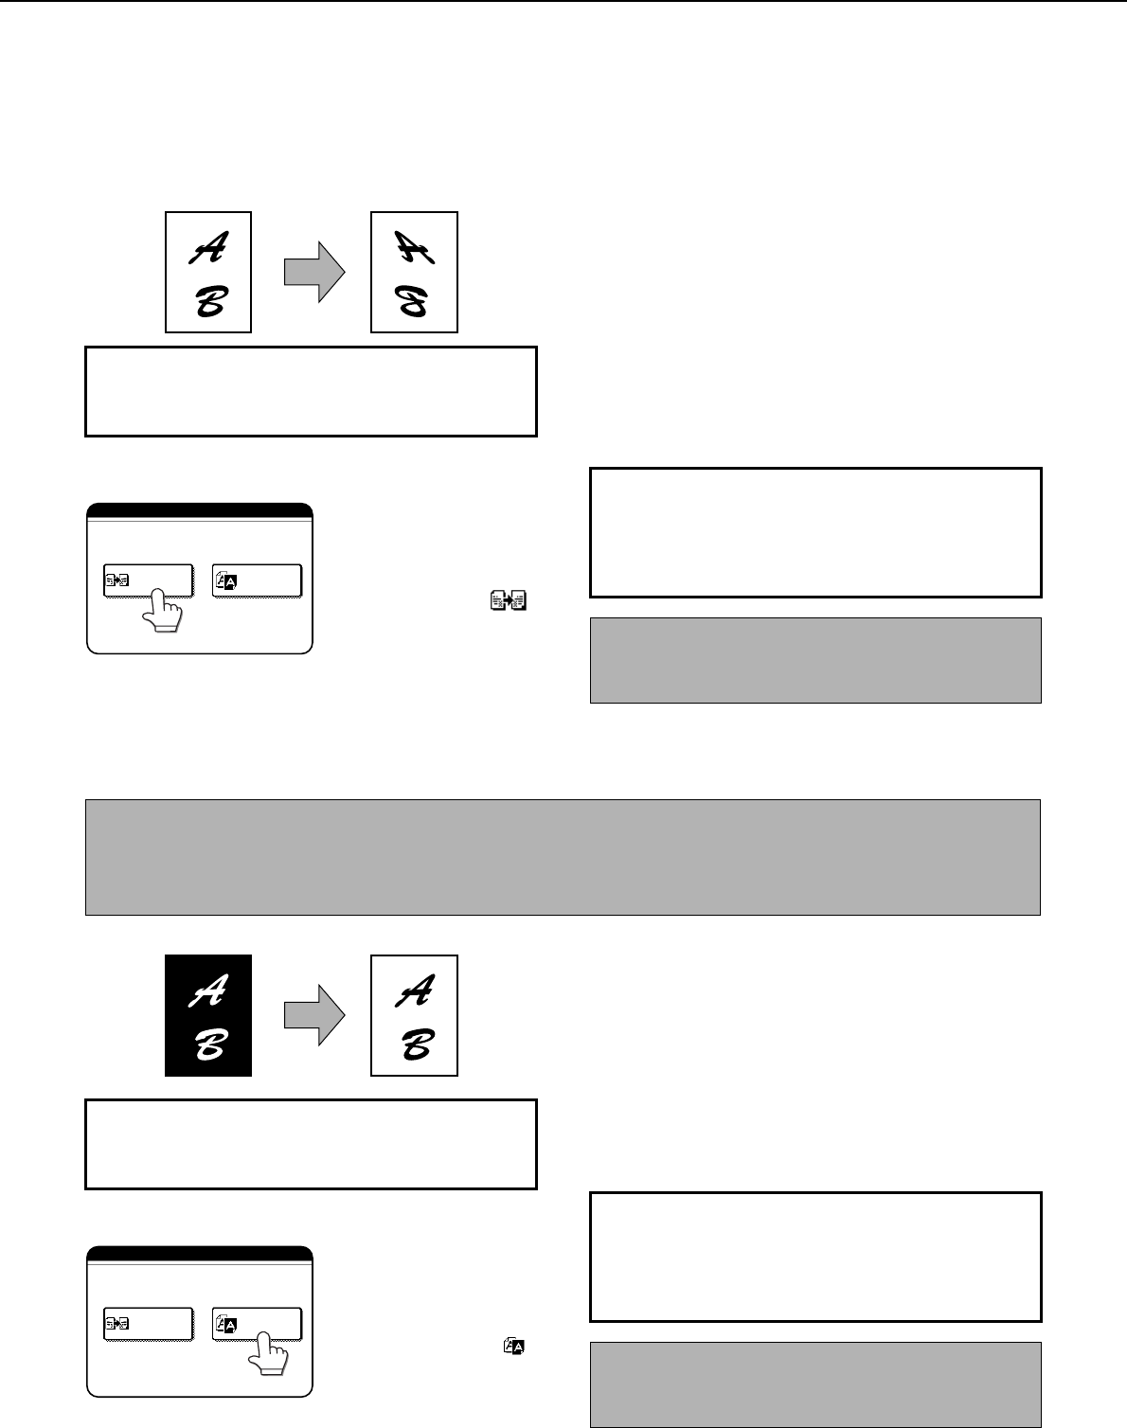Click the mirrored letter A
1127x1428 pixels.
(x=414, y=247)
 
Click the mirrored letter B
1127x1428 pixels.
(x=413, y=301)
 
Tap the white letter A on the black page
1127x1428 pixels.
(x=208, y=991)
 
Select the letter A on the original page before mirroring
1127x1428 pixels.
(x=208, y=248)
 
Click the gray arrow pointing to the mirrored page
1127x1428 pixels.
(x=314, y=272)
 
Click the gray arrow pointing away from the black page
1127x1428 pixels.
(x=314, y=1015)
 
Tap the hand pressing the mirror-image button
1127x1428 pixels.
(x=162, y=610)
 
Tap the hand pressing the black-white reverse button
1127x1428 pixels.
(x=268, y=1354)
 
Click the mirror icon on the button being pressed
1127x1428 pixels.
(x=116, y=580)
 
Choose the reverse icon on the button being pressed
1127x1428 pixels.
(x=226, y=1325)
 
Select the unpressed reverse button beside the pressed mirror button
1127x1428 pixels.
(x=258, y=581)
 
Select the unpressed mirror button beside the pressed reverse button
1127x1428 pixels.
(x=149, y=1325)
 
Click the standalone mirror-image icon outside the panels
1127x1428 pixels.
(x=509, y=600)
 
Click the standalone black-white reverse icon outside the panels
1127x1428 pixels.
(x=514, y=1346)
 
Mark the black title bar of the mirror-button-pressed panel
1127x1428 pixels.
(x=200, y=510)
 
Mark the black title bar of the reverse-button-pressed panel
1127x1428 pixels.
(x=200, y=1254)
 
